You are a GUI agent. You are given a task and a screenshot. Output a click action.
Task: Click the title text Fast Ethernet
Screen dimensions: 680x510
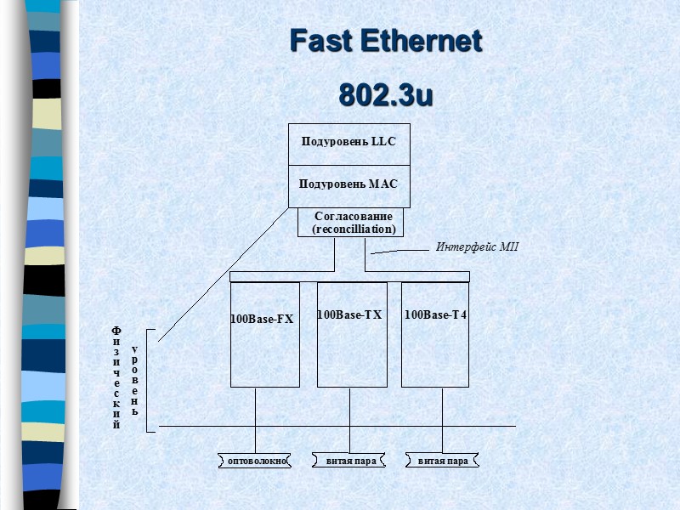pyautogui.click(x=385, y=40)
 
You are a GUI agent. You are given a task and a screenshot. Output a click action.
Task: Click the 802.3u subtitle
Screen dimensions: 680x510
pyautogui.click(x=386, y=94)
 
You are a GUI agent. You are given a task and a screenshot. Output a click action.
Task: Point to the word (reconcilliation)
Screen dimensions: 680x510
pyautogui.click(x=354, y=229)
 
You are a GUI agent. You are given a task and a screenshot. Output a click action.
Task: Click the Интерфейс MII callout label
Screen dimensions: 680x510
pyautogui.click(x=476, y=247)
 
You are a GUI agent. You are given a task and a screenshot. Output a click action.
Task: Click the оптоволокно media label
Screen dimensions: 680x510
pyautogui.click(x=254, y=462)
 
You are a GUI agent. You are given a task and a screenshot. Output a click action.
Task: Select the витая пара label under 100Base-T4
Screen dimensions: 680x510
pyautogui.click(x=443, y=462)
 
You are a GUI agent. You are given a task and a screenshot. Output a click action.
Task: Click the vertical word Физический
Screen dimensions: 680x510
pyautogui.click(x=117, y=377)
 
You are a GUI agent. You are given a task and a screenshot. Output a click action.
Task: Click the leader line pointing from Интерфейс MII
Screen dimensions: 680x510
pyautogui.click(x=396, y=252)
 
